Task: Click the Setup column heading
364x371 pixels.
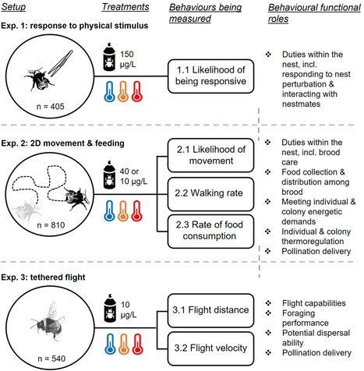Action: [x=18, y=7]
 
